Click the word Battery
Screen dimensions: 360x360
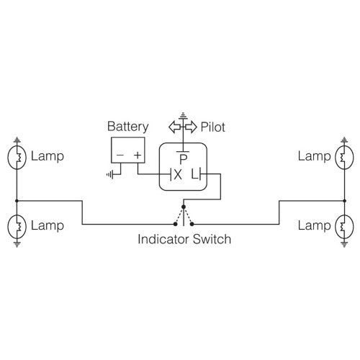127,127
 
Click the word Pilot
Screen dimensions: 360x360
213,127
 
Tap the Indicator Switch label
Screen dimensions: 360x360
184,239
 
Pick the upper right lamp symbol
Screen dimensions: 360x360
343,156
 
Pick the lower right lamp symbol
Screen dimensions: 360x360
343,226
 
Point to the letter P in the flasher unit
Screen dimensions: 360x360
184,158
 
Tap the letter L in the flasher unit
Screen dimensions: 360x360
194,174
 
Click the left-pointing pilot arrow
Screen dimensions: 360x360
175,127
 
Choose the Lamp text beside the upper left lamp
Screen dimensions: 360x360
45,156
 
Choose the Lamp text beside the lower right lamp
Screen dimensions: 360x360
314,226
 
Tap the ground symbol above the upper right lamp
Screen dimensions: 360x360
343,140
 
